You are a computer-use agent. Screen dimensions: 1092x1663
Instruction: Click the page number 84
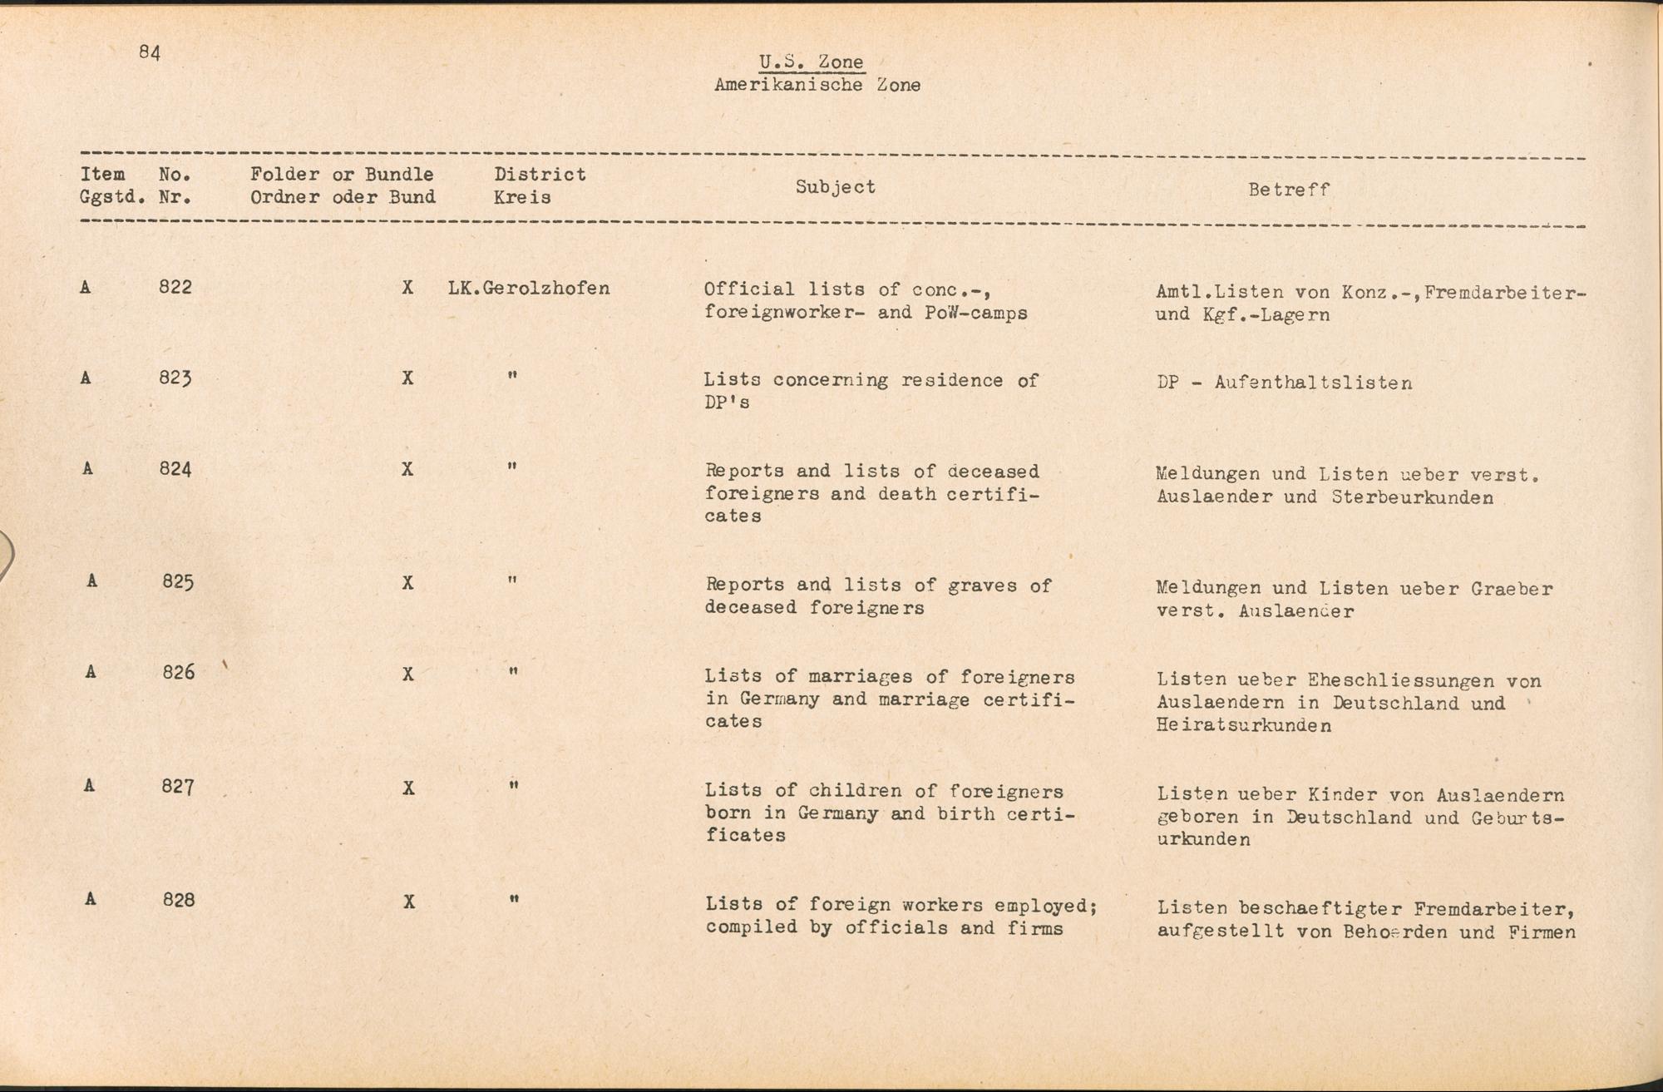150,52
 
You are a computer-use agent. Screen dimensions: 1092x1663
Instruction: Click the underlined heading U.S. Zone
811,62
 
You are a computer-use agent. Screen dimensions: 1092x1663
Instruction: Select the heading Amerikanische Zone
817,85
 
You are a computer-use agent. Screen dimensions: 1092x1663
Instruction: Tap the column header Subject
835,187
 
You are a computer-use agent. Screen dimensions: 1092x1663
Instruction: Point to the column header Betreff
1288,190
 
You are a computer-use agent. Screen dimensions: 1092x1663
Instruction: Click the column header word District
540,175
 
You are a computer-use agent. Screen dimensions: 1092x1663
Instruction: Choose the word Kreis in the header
521,198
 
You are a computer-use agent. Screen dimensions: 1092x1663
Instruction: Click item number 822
175,287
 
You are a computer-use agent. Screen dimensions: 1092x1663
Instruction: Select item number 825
178,581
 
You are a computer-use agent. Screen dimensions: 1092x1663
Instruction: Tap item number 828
179,900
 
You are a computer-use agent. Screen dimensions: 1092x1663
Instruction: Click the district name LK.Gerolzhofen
528,289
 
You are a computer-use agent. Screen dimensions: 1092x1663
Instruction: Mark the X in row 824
407,469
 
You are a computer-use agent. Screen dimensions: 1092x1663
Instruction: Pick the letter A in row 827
89,785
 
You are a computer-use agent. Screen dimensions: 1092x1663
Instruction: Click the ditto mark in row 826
514,671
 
